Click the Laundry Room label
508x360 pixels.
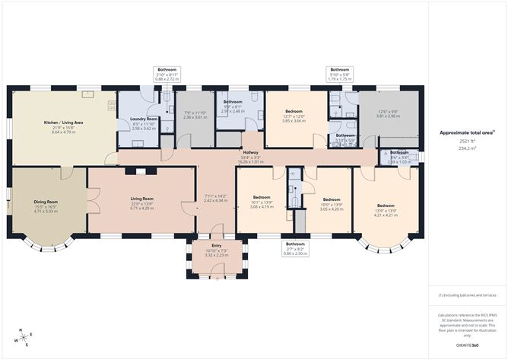[143, 119]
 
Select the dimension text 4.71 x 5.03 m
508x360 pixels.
[47, 212]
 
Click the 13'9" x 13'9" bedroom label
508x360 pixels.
[386, 210]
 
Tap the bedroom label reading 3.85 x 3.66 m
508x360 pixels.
[294, 121]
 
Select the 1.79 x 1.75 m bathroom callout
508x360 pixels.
[340, 78]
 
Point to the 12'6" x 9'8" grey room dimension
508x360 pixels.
[389, 116]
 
